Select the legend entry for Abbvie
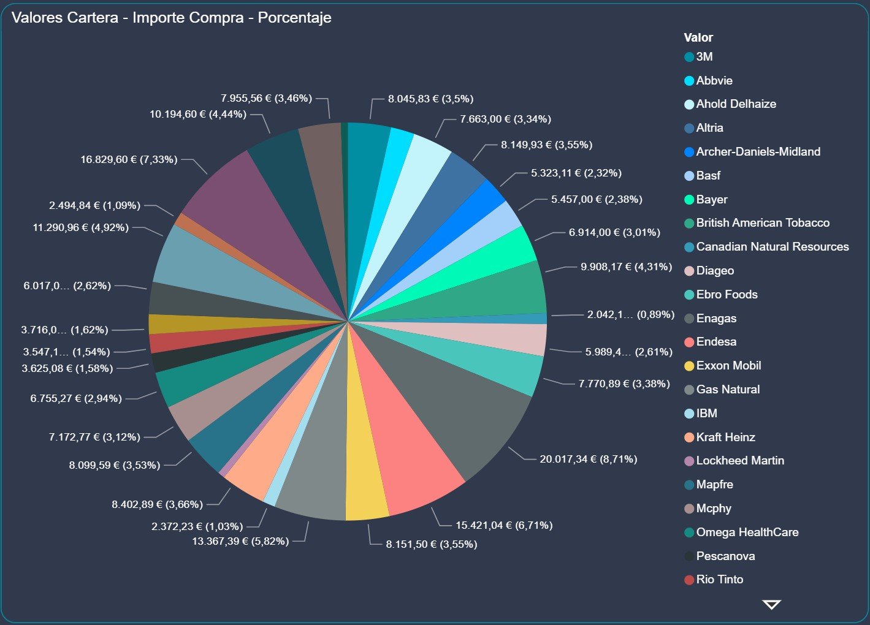(x=714, y=81)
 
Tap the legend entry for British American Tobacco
(x=762, y=223)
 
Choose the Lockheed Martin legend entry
(x=739, y=461)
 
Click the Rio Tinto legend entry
(x=719, y=580)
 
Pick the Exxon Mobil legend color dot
(x=689, y=366)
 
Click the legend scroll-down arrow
(x=771, y=605)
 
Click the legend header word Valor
(x=698, y=37)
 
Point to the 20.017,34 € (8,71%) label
(x=588, y=459)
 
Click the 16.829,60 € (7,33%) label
(x=129, y=159)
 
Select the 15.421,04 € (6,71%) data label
(x=504, y=525)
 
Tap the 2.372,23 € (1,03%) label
(x=197, y=526)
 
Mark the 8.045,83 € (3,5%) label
(x=430, y=99)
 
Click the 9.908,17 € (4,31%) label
(x=626, y=267)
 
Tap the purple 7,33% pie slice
(x=245, y=202)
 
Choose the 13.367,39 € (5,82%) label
(x=240, y=541)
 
